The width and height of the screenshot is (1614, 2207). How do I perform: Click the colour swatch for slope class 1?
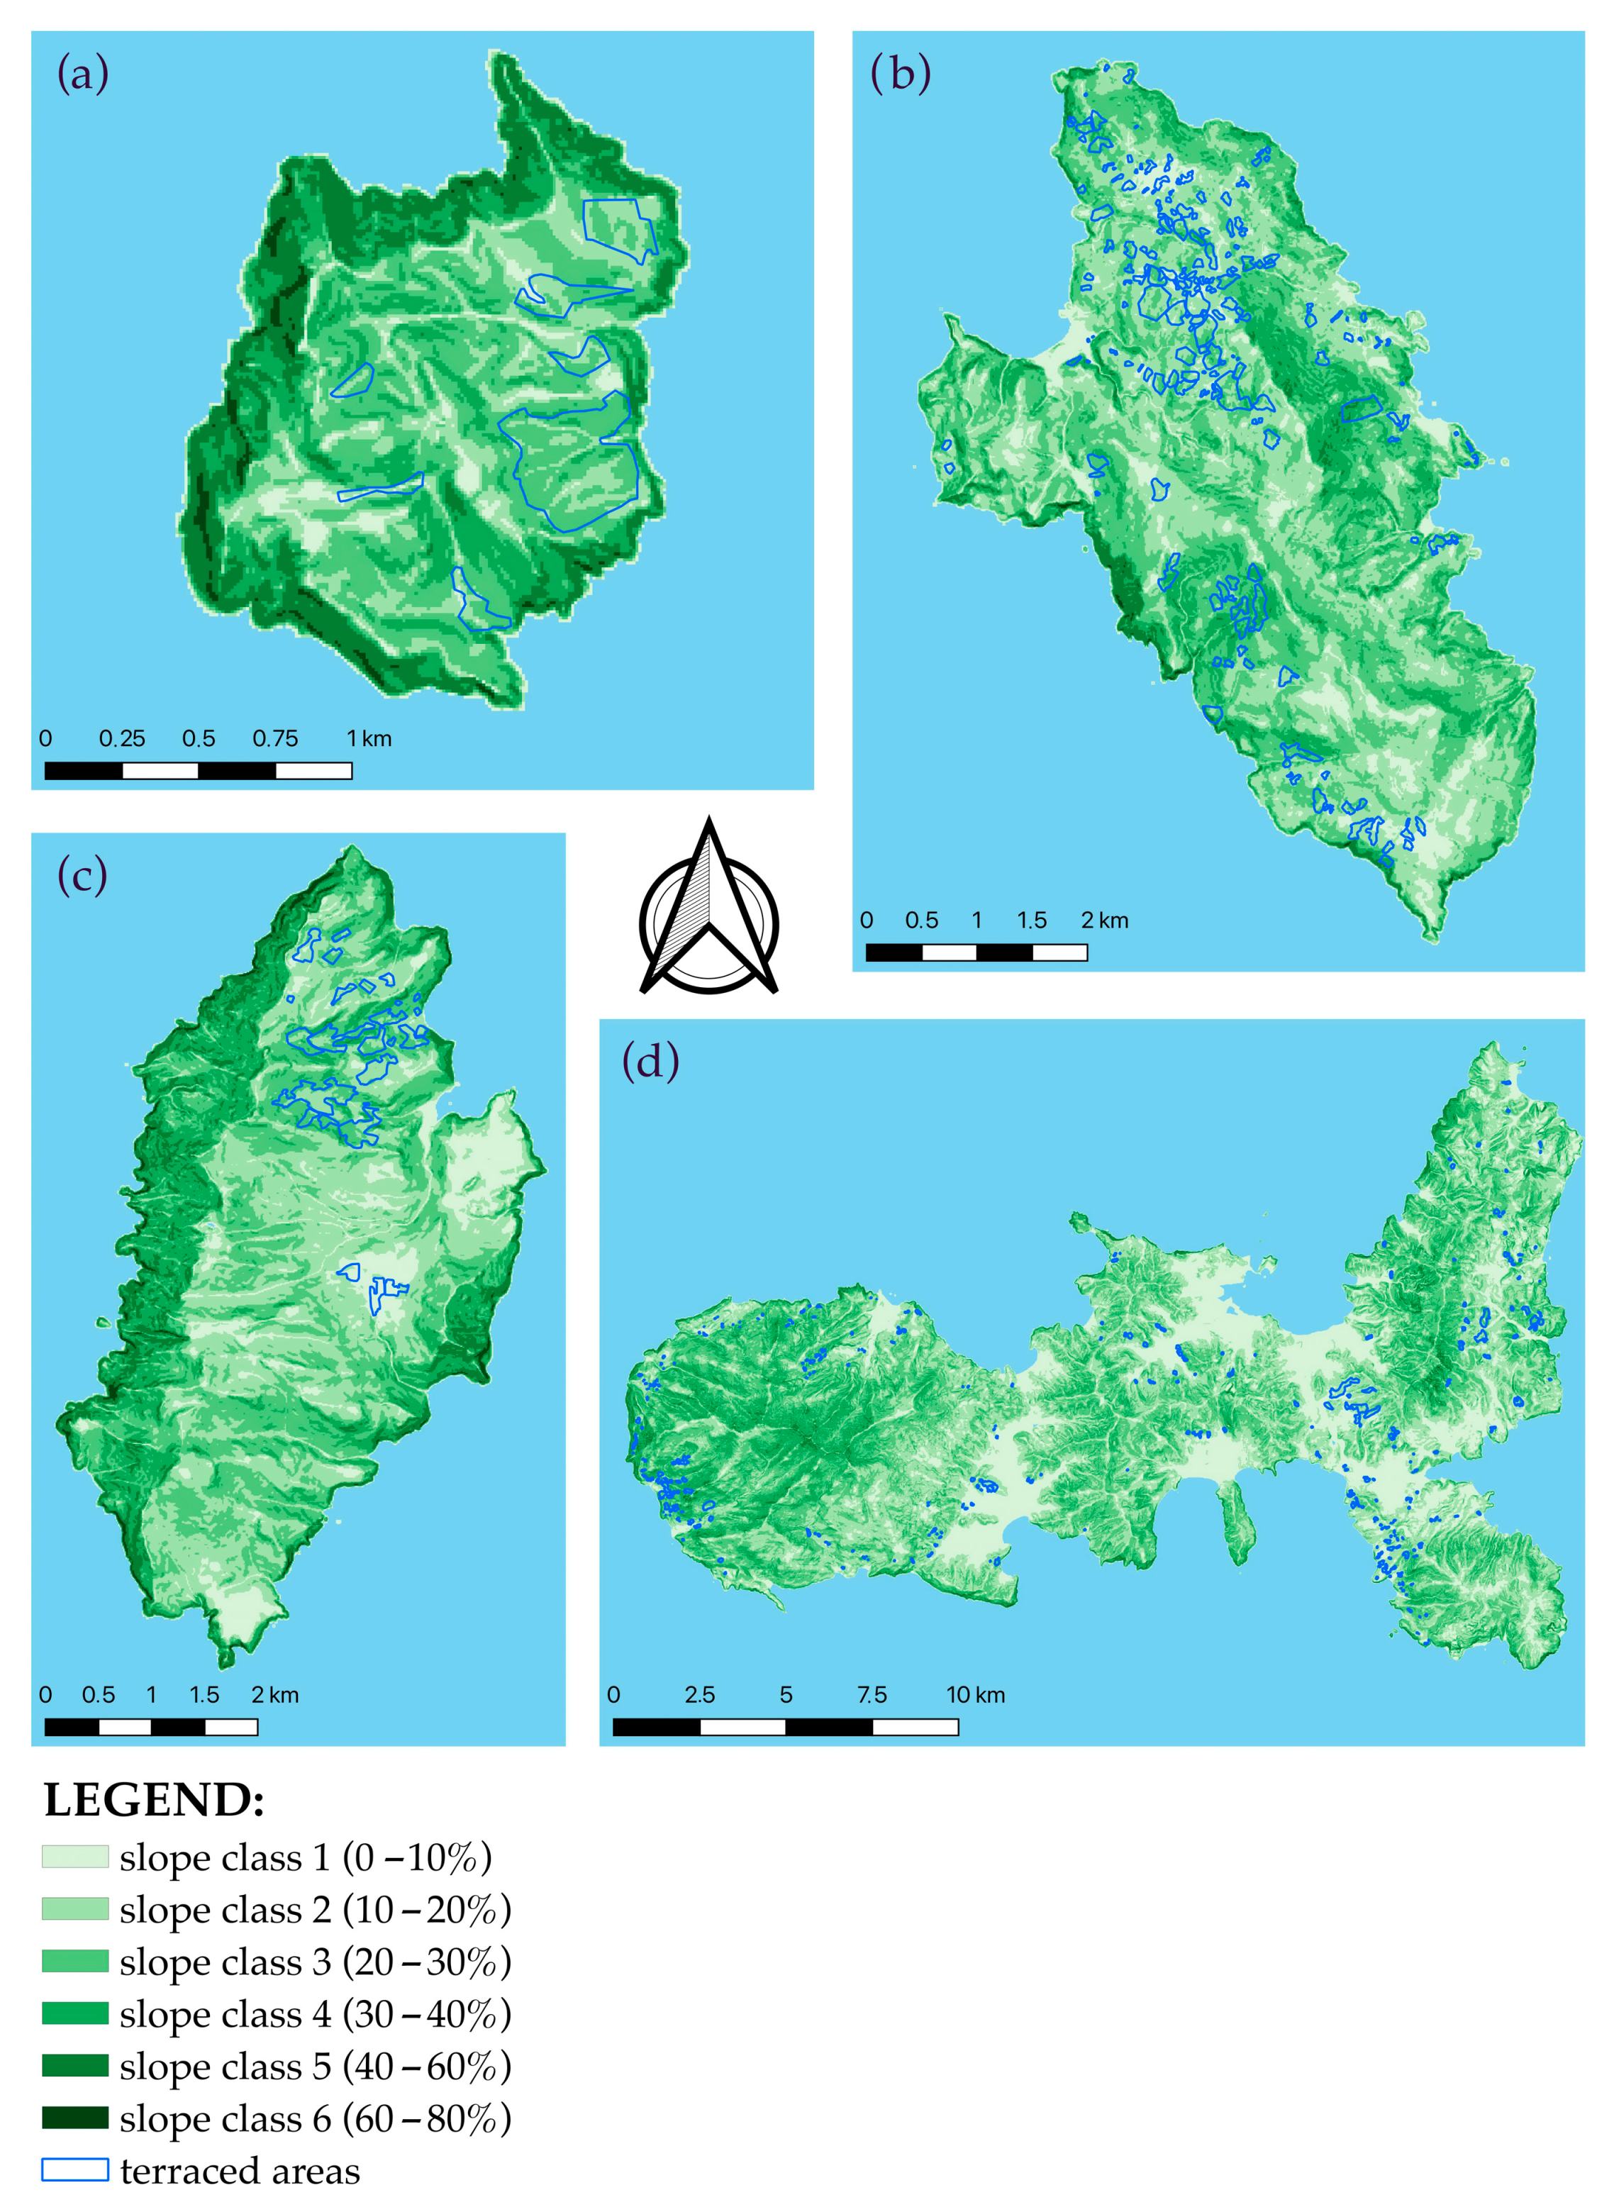pos(74,1856)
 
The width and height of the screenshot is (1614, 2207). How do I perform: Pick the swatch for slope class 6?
pos(74,2117)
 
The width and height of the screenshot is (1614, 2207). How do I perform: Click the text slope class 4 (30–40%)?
pos(315,2013)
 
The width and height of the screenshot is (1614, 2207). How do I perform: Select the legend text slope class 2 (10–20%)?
pos(315,1909)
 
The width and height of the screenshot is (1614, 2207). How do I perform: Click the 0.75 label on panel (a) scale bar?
pos(276,738)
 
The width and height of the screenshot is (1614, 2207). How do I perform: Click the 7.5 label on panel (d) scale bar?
pos(872,1695)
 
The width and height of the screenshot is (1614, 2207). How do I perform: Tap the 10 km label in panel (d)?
pos(975,1695)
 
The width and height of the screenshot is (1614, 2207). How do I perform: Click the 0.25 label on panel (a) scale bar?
pos(122,738)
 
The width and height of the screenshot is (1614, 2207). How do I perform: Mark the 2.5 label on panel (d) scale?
pos(699,1695)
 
